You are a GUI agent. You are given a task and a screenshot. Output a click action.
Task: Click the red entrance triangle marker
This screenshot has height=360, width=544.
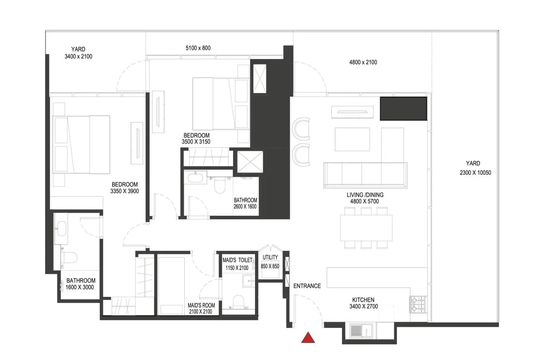point(308,338)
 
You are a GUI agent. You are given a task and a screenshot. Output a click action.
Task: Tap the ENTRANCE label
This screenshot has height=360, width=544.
point(307,286)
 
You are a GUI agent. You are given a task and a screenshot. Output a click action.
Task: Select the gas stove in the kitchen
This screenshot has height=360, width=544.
point(418,304)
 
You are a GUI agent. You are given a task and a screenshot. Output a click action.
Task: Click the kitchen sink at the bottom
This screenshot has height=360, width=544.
point(362,331)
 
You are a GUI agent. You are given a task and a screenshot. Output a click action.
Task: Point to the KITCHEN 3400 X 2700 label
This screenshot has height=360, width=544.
point(363,303)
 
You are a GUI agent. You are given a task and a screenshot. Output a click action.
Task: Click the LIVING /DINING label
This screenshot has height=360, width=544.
point(365,195)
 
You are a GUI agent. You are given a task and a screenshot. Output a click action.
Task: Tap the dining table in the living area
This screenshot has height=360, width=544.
point(366,228)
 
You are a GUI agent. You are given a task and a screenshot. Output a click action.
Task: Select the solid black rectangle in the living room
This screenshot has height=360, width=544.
point(403,109)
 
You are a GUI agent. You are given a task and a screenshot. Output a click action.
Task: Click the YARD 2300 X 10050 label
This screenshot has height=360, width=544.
point(475,168)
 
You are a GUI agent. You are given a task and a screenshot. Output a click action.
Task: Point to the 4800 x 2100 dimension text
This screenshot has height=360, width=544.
point(363,62)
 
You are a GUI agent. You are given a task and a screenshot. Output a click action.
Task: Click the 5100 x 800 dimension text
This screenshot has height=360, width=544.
point(198,48)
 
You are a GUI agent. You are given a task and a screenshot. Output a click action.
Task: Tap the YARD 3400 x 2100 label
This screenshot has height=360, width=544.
point(78,53)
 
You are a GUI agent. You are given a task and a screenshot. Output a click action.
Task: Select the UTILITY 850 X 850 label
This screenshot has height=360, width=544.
point(270,262)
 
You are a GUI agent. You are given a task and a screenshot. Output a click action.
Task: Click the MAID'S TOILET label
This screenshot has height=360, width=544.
point(237,260)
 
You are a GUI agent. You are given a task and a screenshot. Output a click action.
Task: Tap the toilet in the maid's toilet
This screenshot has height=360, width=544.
point(238,302)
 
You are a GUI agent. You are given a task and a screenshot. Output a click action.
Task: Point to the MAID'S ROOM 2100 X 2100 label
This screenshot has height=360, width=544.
point(201,309)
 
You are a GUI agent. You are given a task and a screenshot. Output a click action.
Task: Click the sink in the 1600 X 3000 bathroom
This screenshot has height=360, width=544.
point(61,229)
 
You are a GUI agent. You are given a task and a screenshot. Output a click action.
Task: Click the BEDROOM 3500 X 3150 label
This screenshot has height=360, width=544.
point(196,138)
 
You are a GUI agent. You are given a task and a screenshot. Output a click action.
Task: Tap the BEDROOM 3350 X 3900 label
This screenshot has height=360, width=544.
point(124,188)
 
